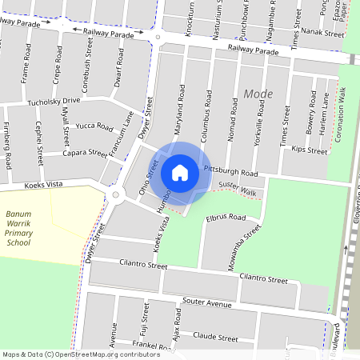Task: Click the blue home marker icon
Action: [180, 172]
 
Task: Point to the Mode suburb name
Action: [258, 94]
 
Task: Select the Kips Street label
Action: [310, 150]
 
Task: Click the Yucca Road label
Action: [94, 126]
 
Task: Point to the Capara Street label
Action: [85, 153]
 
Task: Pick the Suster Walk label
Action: [237, 188]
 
